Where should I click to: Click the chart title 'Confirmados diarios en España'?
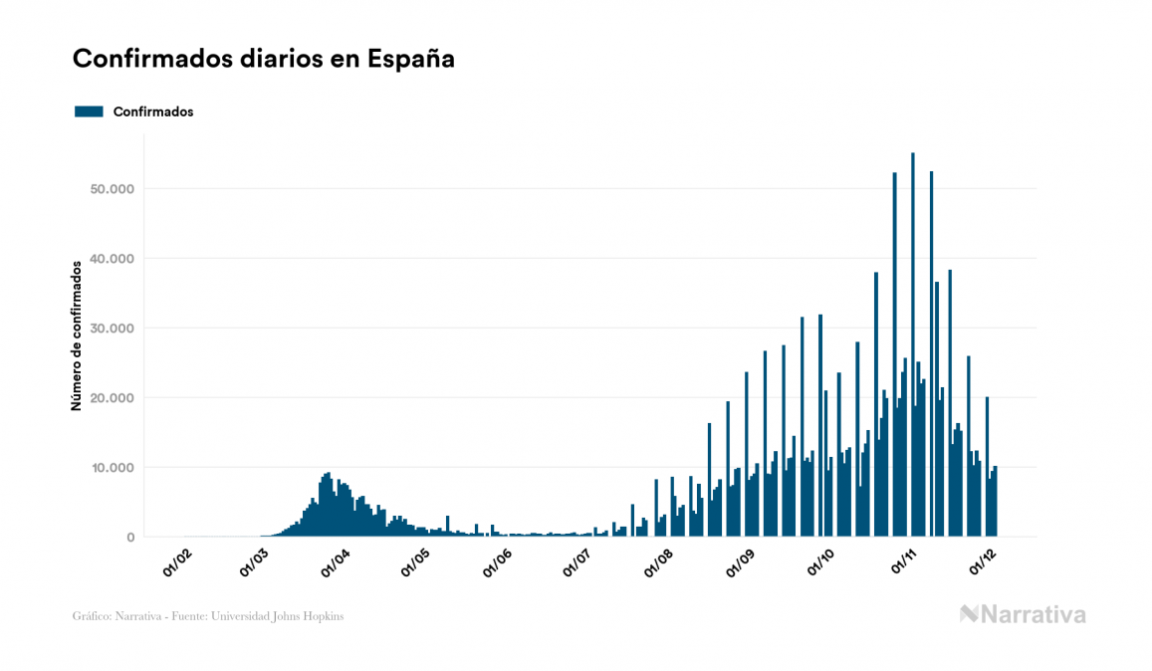click(264, 59)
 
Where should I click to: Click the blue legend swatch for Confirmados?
click(89, 112)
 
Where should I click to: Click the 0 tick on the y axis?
click(130, 538)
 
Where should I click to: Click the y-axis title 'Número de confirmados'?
click(76, 336)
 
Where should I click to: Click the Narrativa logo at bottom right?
click(1023, 614)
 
